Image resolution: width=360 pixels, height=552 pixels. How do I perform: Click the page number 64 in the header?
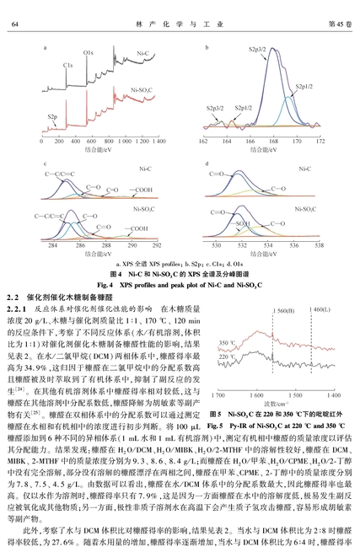pos(15,24)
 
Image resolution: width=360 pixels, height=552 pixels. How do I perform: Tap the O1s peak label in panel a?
pos(88,53)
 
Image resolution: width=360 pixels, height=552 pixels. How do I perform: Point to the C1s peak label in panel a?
pos(68,65)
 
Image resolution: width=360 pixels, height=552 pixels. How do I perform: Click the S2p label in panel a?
pos(52,117)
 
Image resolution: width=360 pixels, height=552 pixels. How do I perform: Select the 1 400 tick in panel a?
pos(158,142)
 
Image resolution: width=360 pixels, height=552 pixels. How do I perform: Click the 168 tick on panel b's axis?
pos(273,142)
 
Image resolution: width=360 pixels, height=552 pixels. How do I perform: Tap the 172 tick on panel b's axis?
pos(320,142)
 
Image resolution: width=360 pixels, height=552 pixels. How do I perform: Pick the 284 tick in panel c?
pos(52,245)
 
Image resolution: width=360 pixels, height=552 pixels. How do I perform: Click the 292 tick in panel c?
pos(157,245)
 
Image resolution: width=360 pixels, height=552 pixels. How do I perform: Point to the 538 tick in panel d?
pos(320,245)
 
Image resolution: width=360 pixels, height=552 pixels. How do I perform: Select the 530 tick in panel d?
pos(217,245)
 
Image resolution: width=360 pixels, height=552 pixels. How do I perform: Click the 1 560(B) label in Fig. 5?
pos(283,311)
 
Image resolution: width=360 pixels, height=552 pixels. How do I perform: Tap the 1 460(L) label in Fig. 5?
pos(320,309)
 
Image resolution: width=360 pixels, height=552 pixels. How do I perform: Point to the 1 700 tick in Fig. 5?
pos(218,395)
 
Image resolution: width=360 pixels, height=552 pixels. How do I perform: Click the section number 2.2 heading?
pos(13,297)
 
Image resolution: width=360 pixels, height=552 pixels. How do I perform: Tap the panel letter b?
pos(207,47)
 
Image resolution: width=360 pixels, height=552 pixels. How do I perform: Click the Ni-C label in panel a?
pos(143,53)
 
